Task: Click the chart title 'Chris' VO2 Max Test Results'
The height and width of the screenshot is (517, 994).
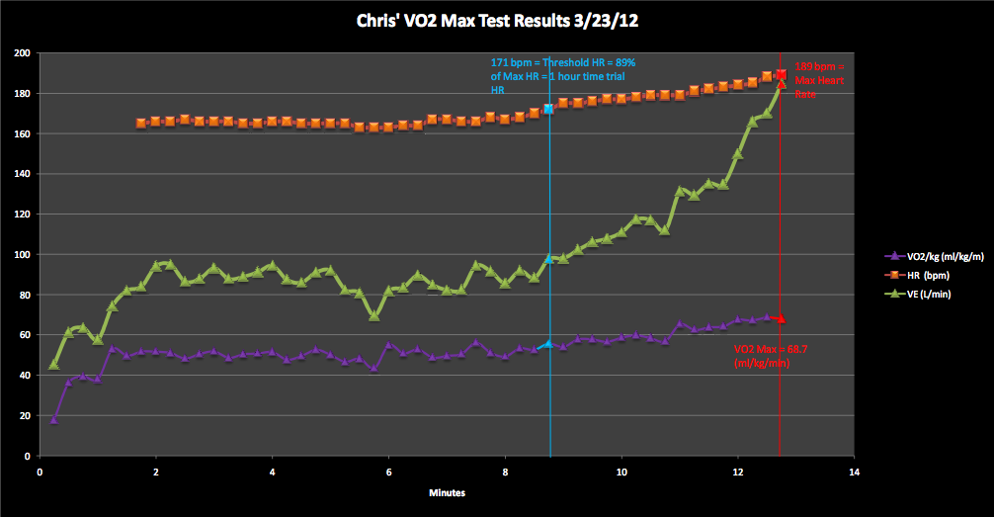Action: [x=496, y=20]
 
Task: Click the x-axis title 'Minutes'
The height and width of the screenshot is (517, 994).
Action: [x=448, y=491]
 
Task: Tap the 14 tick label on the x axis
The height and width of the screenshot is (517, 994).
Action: [x=855, y=472]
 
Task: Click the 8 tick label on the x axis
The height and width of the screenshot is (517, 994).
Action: [x=505, y=472]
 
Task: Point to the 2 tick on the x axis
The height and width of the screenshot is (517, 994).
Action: [x=156, y=472]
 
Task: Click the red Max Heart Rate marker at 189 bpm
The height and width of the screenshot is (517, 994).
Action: [x=781, y=74]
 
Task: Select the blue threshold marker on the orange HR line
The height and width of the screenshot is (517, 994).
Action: [x=549, y=109]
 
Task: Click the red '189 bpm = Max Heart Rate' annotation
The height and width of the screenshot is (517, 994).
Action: [x=819, y=80]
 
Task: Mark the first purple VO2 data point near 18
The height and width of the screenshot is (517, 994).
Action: [x=53, y=419]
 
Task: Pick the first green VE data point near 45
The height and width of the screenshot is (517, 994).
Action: [x=53, y=365]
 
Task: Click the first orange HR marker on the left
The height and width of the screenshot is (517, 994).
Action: [x=141, y=124]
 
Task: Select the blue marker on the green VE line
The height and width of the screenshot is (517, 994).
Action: [x=549, y=259]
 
